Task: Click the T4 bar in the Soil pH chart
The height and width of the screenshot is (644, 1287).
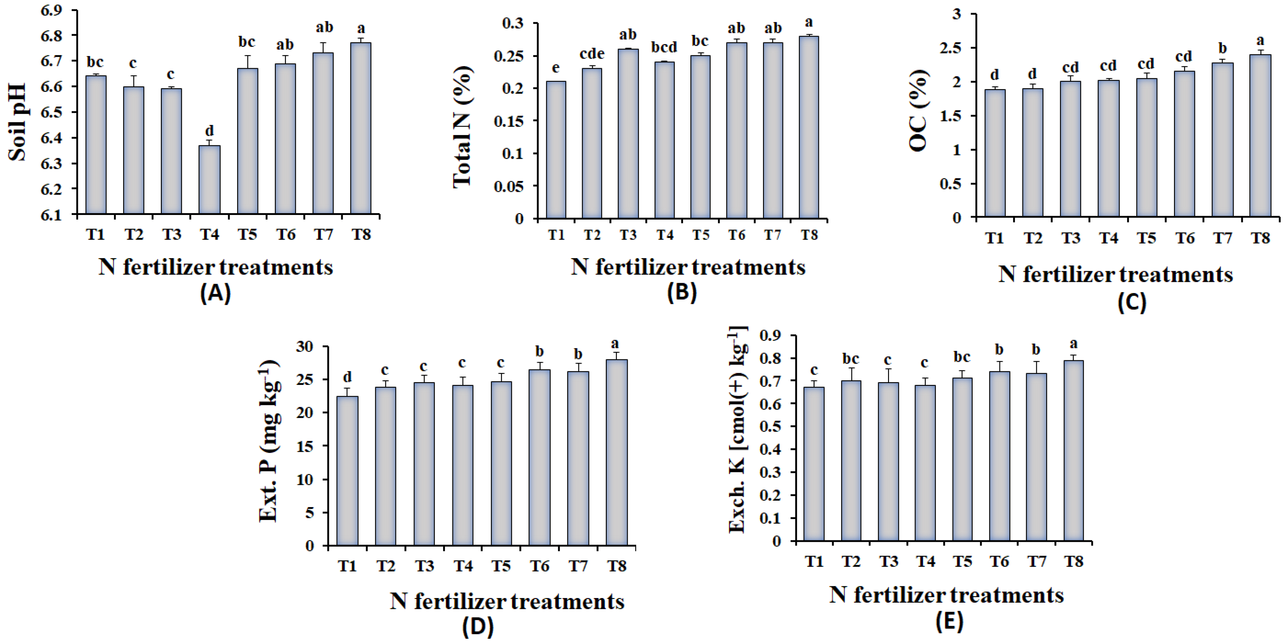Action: coord(209,180)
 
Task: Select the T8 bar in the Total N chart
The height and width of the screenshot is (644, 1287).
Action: coord(809,127)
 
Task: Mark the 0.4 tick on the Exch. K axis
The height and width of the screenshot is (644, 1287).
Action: coord(770,449)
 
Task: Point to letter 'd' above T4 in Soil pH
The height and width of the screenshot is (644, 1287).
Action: coord(209,130)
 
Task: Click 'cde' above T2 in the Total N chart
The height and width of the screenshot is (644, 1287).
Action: coord(592,53)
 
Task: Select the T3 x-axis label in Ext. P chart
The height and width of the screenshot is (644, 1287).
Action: coord(424,566)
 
